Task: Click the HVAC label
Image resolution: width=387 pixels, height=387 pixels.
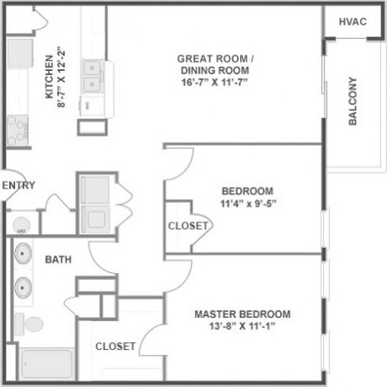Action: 352,20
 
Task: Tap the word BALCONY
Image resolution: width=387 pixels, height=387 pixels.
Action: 352,101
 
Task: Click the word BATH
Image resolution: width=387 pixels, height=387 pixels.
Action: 56,259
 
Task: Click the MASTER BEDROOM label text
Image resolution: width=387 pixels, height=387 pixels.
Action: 243,314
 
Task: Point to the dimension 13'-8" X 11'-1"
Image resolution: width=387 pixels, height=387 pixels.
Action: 242,327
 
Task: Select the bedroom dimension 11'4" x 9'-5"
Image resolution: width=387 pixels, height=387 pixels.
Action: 247,203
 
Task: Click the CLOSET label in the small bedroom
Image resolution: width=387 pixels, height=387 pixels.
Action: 188,226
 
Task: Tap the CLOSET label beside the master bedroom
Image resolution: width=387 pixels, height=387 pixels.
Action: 116,346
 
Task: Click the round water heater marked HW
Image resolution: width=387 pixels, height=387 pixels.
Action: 20,225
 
